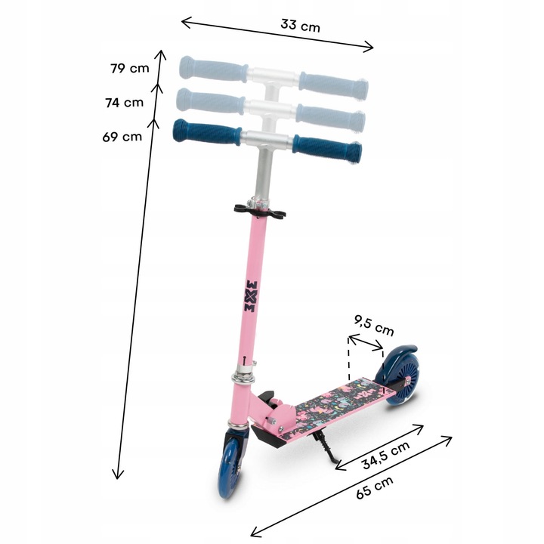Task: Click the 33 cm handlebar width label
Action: coord(300,25)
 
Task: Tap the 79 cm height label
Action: coord(129,69)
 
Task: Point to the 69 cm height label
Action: coord(122,137)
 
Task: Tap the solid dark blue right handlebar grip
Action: coord(326,147)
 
